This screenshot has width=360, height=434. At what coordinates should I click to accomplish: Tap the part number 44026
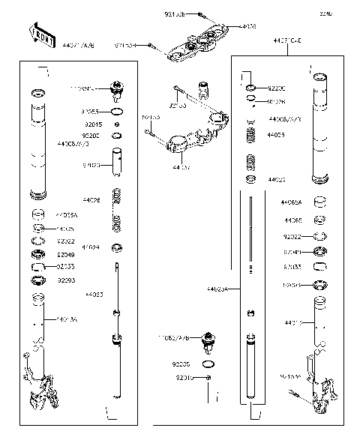coord(91,201)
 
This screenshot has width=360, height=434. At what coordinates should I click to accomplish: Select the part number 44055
coord(276,136)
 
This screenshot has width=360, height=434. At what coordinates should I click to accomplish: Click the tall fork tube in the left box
coord(36,142)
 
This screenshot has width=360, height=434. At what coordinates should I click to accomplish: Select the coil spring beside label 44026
coord(116,208)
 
